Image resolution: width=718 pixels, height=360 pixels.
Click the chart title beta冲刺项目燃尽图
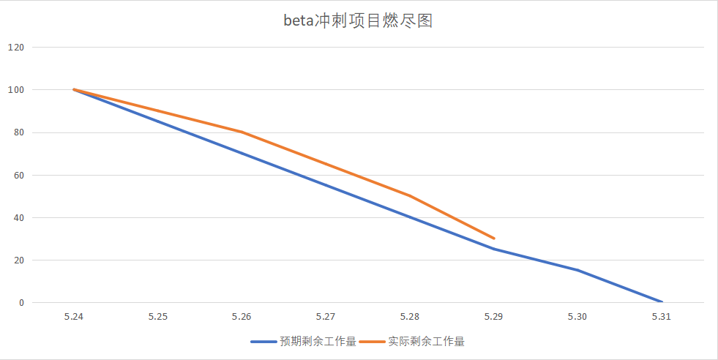pyautogui.click(x=358, y=20)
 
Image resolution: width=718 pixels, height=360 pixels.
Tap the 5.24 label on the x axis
pyautogui.click(x=74, y=317)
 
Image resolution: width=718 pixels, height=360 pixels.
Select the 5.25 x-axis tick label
pyautogui.click(x=157, y=317)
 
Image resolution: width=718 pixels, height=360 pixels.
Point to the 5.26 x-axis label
pyautogui.click(x=242, y=317)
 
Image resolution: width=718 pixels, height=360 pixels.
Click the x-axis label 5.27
pyautogui.click(x=326, y=317)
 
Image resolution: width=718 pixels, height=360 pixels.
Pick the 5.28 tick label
pyautogui.click(x=410, y=317)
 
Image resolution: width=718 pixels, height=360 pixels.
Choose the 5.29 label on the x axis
pyautogui.click(x=493, y=317)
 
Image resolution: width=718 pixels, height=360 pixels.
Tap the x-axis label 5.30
pyautogui.click(x=577, y=317)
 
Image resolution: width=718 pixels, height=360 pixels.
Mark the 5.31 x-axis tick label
pyautogui.click(x=662, y=317)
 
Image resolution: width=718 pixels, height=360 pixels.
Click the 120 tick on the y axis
pyautogui.click(x=16, y=48)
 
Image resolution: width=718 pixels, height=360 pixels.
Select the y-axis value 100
pyautogui.click(x=16, y=90)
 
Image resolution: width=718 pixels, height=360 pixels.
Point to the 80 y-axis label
pyautogui.click(x=18, y=132)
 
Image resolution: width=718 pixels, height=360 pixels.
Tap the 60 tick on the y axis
pyautogui.click(x=18, y=175)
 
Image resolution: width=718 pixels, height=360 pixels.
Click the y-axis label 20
pyautogui.click(x=18, y=260)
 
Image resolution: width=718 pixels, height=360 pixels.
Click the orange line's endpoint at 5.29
pyautogui.click(x=494, y=238)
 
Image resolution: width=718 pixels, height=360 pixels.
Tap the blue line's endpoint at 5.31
pyautogui.click(x=662, y=301)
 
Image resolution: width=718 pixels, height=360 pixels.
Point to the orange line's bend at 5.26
pyautogui.click(x=242, y=132)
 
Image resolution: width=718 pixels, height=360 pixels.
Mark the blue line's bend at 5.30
pyautogui.click(x=577, y=270)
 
